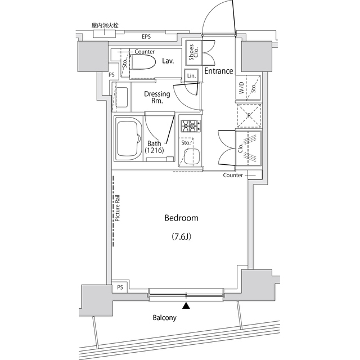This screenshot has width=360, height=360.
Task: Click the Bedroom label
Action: click(x=181, y=218)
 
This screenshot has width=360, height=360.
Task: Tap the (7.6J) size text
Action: click(x=181, y=236)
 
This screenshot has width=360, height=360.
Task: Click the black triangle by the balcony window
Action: click(x=186, y=305)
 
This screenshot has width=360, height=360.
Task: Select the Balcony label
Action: click(x=165, y=318)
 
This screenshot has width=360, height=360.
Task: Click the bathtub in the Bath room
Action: click(x=129, y=139)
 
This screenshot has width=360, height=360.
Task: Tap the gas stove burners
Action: click(x=191, y=126)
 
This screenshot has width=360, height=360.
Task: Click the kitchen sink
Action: click(x=192, y=156)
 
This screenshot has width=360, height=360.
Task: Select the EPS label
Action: click(x=146, y=37)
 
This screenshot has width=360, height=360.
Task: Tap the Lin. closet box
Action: click(x=191, y=75)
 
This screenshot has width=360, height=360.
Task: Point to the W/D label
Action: click(x=241, y=88)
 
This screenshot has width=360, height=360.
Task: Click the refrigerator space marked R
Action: click(x=249, y=116)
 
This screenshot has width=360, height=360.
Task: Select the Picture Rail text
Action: click(x=118, y=208)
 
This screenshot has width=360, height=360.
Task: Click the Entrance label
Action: click(x=219, y=71)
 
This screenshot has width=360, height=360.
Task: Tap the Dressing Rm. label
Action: click(x=157, y=97)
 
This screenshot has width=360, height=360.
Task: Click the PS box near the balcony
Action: click(x=120, y=287)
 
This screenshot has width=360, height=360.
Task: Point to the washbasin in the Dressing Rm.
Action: click(x=122, y=97)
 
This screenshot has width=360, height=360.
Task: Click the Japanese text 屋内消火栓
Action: click(x=105, y=25)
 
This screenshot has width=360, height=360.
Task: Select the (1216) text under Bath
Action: click(x=154, y=150)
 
